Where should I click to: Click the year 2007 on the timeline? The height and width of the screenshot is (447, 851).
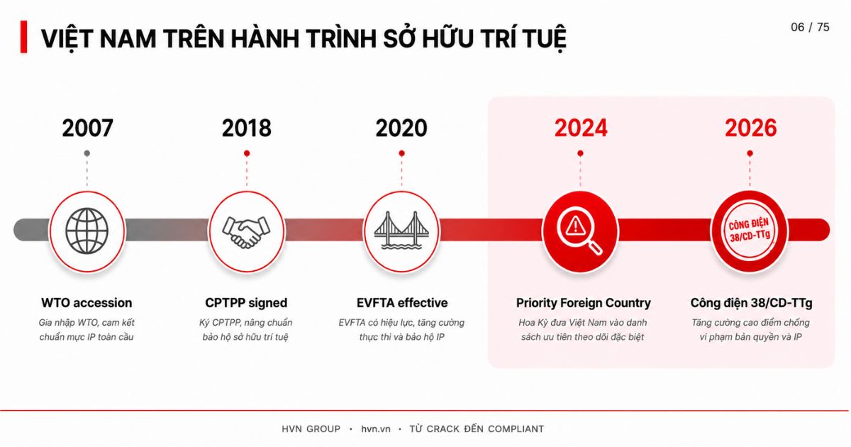[x=87, y=128]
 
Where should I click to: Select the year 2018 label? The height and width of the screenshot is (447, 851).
[x=247, y=128]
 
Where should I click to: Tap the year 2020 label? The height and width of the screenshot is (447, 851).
[x=401, y=128]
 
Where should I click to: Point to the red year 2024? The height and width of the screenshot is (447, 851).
[x=581, y=128]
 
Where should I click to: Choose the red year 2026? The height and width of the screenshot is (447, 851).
[x=751, y=128]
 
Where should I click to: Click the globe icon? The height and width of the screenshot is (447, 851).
[x=87, y=231]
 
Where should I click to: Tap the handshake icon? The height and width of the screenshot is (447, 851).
[x=246, y=232]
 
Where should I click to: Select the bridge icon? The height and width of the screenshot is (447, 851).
[x=401, y=231]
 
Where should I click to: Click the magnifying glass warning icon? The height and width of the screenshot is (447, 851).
[x=579, y=230]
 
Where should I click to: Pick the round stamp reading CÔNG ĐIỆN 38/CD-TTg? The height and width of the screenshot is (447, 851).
[x=750, y=231]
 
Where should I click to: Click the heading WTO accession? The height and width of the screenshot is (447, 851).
[x=87, y=303]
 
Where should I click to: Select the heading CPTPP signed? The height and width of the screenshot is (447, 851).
[x=246, y=303]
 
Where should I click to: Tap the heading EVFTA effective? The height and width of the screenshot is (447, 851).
[x=402, y=303]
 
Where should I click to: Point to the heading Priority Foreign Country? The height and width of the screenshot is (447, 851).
[x=583, y=303]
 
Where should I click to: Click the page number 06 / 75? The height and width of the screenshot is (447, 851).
[x=810, y=28]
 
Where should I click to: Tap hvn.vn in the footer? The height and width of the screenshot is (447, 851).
[x=376, y=429]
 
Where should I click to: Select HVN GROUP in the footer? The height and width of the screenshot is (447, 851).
[x=311, y=429]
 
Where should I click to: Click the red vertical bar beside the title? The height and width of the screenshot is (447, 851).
[x=23, y=37]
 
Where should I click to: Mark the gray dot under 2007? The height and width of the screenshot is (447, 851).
[x=87, y=153]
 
